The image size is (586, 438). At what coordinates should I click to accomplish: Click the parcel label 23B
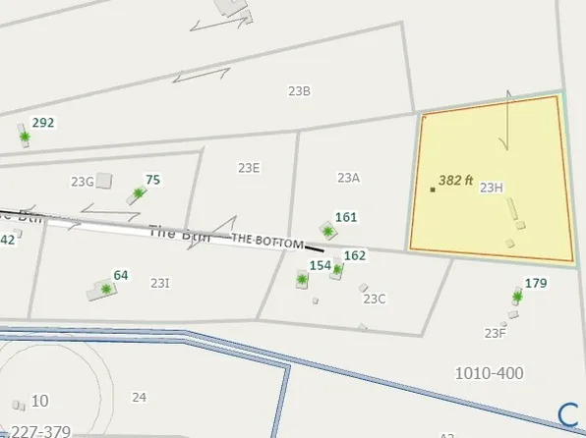pyautogui.click(x=299, y=91)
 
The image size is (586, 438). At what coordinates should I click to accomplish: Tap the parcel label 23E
pyautogui.click(x=248, y=168)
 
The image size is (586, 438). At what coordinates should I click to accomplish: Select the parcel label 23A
pyautogui.click(x=348, y=178)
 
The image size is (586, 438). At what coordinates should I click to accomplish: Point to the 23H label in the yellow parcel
pyautogui.click(x=492, y=187)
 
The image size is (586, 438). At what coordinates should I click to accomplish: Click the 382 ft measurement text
pyautogui.click(x=456, y=181)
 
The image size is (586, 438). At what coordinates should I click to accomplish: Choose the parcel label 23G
pyautogui.click(x=82, y=181)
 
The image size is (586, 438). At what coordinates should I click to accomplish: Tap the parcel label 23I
pyautogui.click(x=160, y=283)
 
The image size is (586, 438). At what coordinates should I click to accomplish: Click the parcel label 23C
pyautogui.click(x=375, y=299)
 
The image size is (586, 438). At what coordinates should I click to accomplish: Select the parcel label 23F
pyautogui.click(x=495, y=333)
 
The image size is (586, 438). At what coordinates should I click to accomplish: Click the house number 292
pyautogui.click(x=43, y=123)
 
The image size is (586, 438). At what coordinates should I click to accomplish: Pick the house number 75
pyautogui.click(x=152, y=180)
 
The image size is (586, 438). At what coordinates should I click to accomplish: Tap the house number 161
pyautogui.click(x=346, y=217)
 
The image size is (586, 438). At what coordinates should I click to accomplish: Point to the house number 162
pyautogui.click(x=355, y=255)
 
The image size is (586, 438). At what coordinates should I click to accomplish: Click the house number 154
pyautogui.click(x=320, y=265)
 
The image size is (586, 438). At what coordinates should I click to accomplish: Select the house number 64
pyautogui.click(x=121, y=275)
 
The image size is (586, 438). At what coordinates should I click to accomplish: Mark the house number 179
pyautogui.click(x=536, y=284)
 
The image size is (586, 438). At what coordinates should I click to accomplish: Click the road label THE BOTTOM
pyautogui.click(x=266, y=241)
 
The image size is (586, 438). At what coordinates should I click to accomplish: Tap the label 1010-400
pyautogui.click(x=489, y=373)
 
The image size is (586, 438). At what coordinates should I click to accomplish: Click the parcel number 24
pyautogui.click(x=139, y=397)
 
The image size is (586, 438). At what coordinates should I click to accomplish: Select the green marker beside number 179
pyautogui.click(x=517, y=296)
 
